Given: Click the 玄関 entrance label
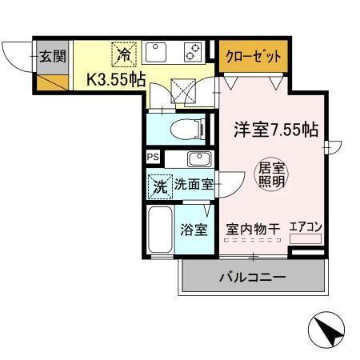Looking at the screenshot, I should coord(54,56).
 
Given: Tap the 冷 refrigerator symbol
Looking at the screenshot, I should coord(125,54).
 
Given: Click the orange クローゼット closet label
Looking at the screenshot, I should coord(253,56).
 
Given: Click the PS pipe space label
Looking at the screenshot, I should coord(153,157).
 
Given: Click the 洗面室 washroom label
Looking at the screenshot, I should coord(194,185).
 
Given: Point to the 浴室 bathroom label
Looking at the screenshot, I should coord(194,230).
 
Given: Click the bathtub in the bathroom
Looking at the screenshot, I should coord(160,230).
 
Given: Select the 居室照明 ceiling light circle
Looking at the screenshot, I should coord(270,175).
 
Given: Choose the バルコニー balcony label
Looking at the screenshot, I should coord(253,278).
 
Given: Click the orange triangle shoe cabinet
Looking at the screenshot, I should coord(49,79).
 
